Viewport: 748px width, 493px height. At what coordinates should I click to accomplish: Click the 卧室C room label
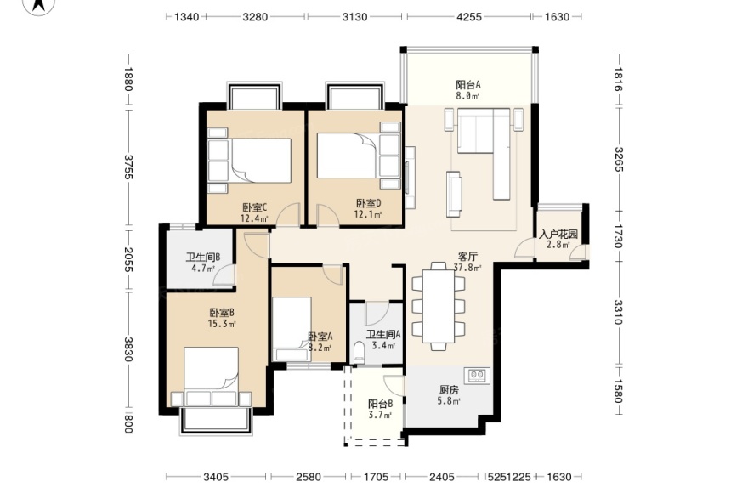(255, 207)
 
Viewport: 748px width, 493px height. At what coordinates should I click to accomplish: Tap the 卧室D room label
(368, 204)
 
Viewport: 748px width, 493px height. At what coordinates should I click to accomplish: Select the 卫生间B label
(203, 258)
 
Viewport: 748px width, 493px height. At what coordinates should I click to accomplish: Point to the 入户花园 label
(558, 235)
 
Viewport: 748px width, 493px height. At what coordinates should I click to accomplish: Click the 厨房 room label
(449, 390)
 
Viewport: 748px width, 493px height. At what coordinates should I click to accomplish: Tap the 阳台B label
(380, 404)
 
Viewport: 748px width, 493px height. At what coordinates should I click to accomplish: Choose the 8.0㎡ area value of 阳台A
(467, 96)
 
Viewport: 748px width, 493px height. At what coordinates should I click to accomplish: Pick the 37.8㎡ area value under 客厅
(467, 268)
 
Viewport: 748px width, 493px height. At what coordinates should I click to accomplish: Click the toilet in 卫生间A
(360, 353)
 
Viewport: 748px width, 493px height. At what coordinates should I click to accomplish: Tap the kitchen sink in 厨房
(477, 375)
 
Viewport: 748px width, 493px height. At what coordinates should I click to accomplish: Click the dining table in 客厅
(439, 306)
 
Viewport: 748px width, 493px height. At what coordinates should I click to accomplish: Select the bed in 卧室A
(292, 329)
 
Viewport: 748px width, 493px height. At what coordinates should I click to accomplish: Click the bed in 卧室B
(212, 377)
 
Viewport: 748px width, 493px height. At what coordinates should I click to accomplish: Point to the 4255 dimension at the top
(469, 17)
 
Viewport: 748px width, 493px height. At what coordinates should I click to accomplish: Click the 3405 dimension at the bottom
(216, 477)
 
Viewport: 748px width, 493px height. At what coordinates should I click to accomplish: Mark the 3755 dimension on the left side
(127, 167)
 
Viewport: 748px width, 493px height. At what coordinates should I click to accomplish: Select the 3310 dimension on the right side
(618, 312)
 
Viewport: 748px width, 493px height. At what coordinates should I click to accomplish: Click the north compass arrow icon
(39, 6)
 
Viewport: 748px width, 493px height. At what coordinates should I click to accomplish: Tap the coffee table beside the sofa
(454, 194)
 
